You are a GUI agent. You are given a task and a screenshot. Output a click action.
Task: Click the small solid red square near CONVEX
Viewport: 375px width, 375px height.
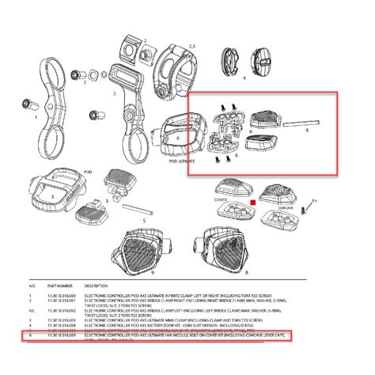pyautogui.click(x=252, y=202)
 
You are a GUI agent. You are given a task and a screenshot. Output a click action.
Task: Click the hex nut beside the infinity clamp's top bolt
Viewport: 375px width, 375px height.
pyautogui.click(x=95, y=76)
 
